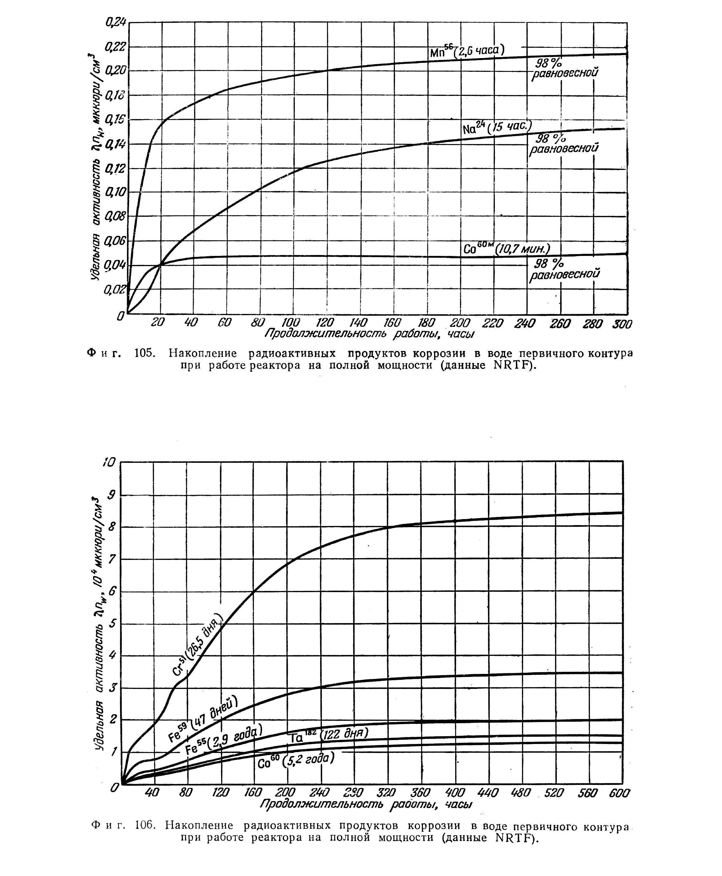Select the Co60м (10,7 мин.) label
coord(507,249)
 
